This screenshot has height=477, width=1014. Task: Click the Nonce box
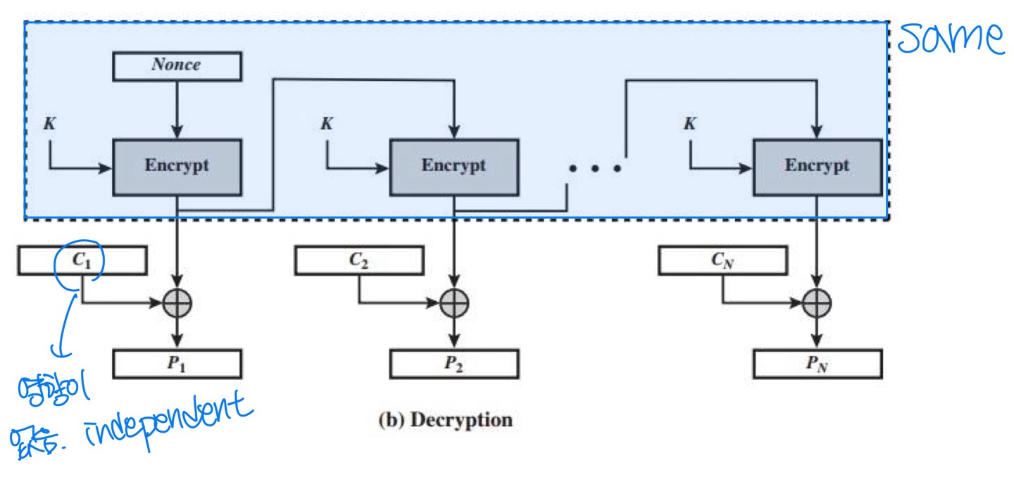point(177,65)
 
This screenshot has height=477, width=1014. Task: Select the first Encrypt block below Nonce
point(177,167)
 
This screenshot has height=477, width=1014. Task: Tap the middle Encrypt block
point(453,167)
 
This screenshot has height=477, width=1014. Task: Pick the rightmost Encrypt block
point(817,167)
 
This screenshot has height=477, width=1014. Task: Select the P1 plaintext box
point(177,364)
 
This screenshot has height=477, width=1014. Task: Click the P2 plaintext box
point(453,364)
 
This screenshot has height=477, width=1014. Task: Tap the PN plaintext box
point(817,364)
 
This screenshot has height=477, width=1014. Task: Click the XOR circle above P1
point(177,303)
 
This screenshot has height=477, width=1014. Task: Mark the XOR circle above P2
point(454,303)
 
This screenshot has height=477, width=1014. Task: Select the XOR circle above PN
point(817,303)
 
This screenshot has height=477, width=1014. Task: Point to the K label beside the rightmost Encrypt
point(690,124)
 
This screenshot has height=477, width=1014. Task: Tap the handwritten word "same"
point(951,39)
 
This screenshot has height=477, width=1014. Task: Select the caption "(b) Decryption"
point(445,421)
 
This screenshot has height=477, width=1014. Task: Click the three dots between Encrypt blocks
point(595,168)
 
